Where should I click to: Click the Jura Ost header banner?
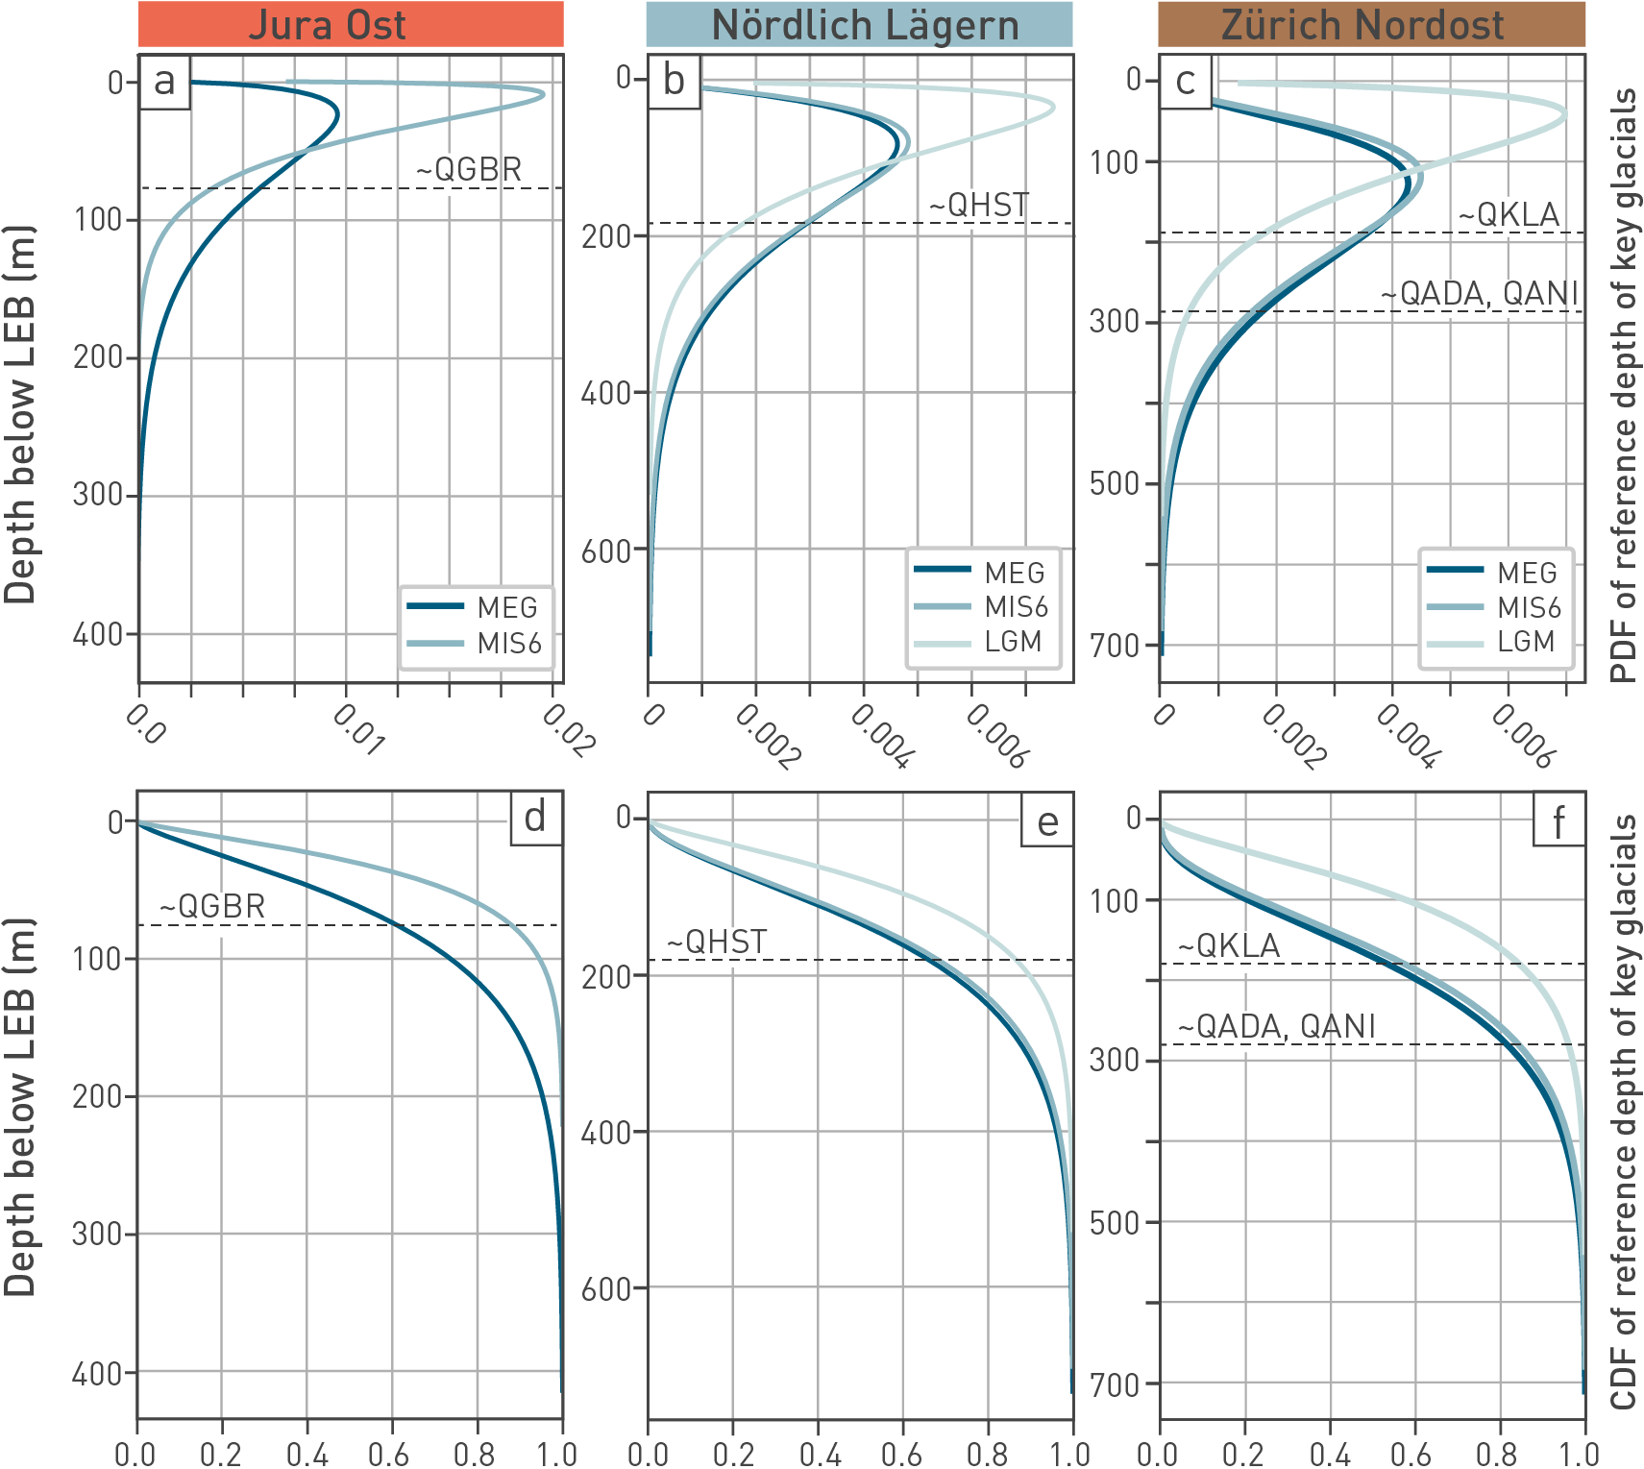coord(351,25)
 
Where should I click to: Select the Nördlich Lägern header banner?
coord(859,25)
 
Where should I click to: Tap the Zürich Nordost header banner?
coord(1371,25)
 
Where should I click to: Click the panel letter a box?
coord(164,82)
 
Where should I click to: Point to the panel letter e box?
coord(1046,822)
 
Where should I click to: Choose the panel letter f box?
coord(1558,822)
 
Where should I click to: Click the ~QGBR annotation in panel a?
coord(469,170)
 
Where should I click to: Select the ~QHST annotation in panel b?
coord(978,205)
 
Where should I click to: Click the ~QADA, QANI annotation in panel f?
coord(1277,1026)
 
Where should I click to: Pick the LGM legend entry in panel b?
coord(1013,641)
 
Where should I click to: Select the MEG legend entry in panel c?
coord(1526,573)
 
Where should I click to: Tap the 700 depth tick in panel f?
coord(1115,1384)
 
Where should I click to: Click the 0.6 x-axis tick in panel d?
coord(390,1453)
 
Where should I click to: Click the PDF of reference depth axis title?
coord(1624,384)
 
